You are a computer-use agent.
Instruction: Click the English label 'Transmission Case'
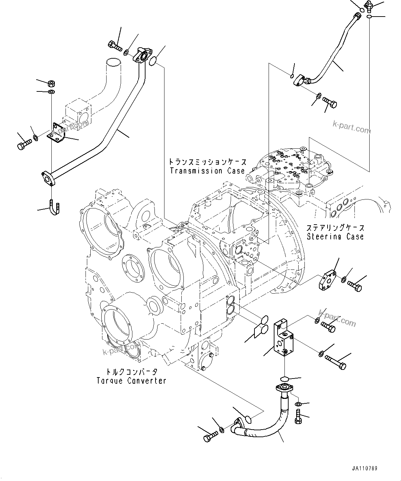(207, 170)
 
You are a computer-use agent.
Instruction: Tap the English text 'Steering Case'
(335, 236)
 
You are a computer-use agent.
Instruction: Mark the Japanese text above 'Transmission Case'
(207, 161)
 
